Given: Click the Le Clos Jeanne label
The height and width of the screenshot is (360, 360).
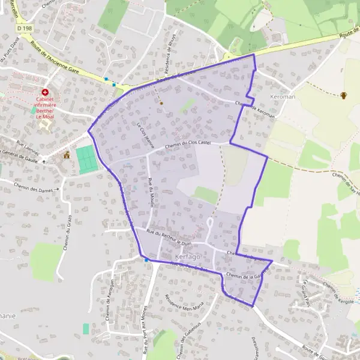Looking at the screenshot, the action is pos(146,136).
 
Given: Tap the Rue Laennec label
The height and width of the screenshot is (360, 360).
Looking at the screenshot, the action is pos(27,145).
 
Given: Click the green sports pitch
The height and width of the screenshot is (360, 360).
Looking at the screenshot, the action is pos(87,160).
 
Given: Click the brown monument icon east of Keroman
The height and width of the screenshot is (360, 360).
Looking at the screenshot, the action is pos(344,95).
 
